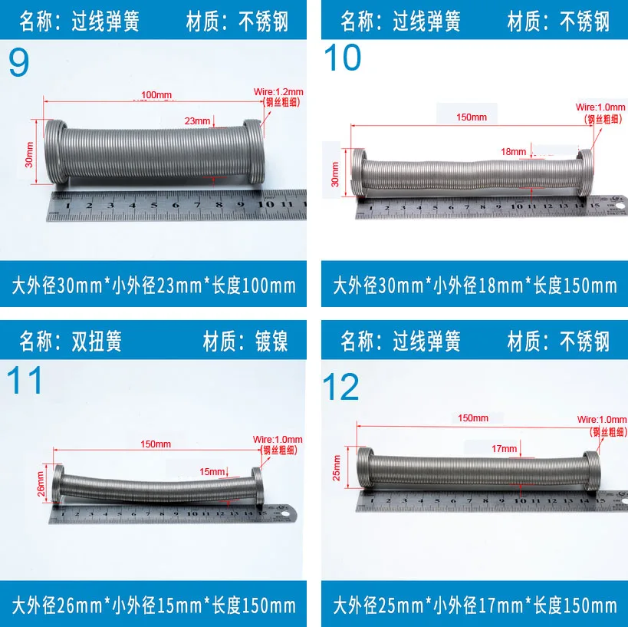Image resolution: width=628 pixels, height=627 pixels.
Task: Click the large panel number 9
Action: point(19,62)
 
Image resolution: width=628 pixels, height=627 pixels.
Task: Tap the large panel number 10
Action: point(343,58)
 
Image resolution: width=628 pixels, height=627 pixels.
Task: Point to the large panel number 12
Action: point(342,387)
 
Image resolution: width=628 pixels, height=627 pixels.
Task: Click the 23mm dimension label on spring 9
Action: point(197,120)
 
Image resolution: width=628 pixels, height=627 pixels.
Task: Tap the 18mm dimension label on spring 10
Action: point(514,152)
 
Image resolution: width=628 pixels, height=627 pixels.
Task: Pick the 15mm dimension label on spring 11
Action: point(212,471)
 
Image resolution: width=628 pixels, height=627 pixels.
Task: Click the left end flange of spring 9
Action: point(54,151)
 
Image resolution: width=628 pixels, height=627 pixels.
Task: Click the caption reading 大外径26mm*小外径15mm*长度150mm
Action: point(153,606)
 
